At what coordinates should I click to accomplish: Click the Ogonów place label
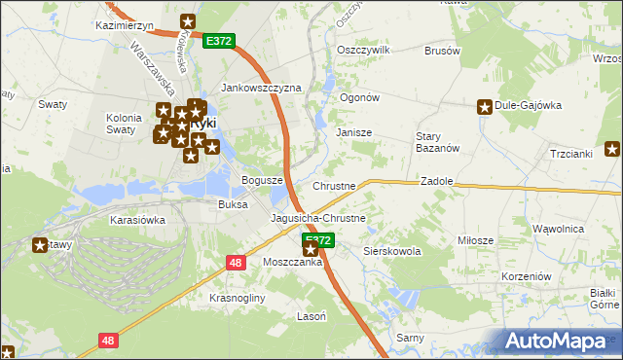coord(358,97)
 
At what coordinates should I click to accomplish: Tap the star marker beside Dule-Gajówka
coord(484,107)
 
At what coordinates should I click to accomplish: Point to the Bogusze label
coord(262,181)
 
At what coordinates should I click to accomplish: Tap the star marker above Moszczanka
coord(311,250)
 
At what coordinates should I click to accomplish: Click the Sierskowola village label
coord(391,251)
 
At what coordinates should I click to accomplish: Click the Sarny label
coord(408,338)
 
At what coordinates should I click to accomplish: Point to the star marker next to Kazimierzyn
coord(188,21)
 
